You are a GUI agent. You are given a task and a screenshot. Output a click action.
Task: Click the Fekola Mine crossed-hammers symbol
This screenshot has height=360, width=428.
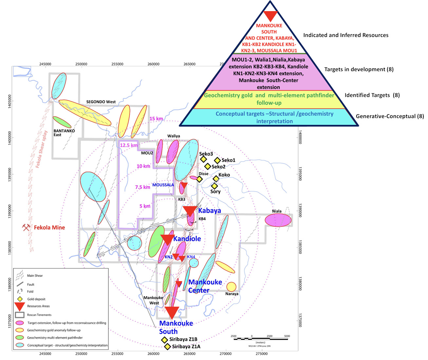click(26, 227)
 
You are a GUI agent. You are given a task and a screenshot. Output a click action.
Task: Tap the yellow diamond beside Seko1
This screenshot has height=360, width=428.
click(217, 160)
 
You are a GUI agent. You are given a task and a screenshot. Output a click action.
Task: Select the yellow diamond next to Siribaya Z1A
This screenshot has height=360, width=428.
click(167, 347)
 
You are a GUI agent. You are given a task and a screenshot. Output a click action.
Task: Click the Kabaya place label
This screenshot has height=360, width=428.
click(209, 210)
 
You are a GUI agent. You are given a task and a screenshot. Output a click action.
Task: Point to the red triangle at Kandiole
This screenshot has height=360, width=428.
click(167, 239)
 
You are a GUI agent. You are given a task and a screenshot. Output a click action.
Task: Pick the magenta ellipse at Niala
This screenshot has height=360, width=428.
click(278, 220)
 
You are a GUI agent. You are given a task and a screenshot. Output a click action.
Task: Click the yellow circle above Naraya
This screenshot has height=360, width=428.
click(231, 287)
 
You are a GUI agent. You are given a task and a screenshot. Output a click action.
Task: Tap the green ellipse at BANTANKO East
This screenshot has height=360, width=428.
click(62, 122)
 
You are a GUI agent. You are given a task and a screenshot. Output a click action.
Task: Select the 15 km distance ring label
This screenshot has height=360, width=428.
click(156, 118)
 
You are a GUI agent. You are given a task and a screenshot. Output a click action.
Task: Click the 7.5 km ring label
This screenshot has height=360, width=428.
click(142, 187)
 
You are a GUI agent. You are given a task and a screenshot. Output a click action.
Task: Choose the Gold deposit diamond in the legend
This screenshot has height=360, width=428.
click(20, 299)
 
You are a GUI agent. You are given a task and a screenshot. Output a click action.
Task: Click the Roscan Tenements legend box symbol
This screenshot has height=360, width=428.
click(20, 315)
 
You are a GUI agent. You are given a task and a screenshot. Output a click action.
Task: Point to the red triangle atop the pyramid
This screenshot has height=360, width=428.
click(270, 16)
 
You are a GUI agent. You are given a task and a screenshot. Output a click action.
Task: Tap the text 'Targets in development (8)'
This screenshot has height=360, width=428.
click(359, 69)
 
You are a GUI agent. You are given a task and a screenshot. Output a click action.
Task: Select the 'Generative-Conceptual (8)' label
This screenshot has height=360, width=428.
click(390, 116)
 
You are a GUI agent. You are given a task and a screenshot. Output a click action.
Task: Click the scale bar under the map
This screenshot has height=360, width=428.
click(260, 339)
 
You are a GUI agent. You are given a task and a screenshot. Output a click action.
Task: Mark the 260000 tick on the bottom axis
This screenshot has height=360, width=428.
click(153, 353)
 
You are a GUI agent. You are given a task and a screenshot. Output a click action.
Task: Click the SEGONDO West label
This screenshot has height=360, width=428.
click(101, 102)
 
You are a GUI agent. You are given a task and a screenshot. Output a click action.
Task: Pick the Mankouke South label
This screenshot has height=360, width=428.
click(176, 327)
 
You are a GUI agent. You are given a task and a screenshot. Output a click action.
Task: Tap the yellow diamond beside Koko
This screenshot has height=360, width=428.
click(216, 178)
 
